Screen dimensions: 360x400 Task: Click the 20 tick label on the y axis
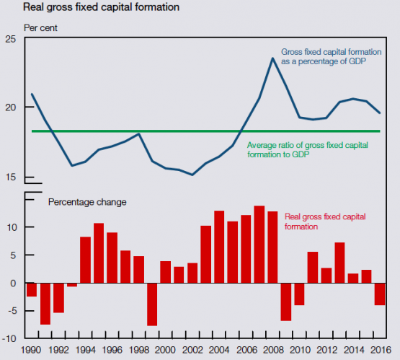(x=10, y=107)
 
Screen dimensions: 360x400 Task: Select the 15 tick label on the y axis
(x=10, y=177)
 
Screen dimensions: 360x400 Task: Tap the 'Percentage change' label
(x=87, y=202)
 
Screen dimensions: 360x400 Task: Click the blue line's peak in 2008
(x=272, y=58)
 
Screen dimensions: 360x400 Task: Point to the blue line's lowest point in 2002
(x=192, y=175)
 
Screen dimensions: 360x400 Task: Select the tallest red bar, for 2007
(x=259, y=245)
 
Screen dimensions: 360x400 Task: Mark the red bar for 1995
(x=99, y=253)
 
